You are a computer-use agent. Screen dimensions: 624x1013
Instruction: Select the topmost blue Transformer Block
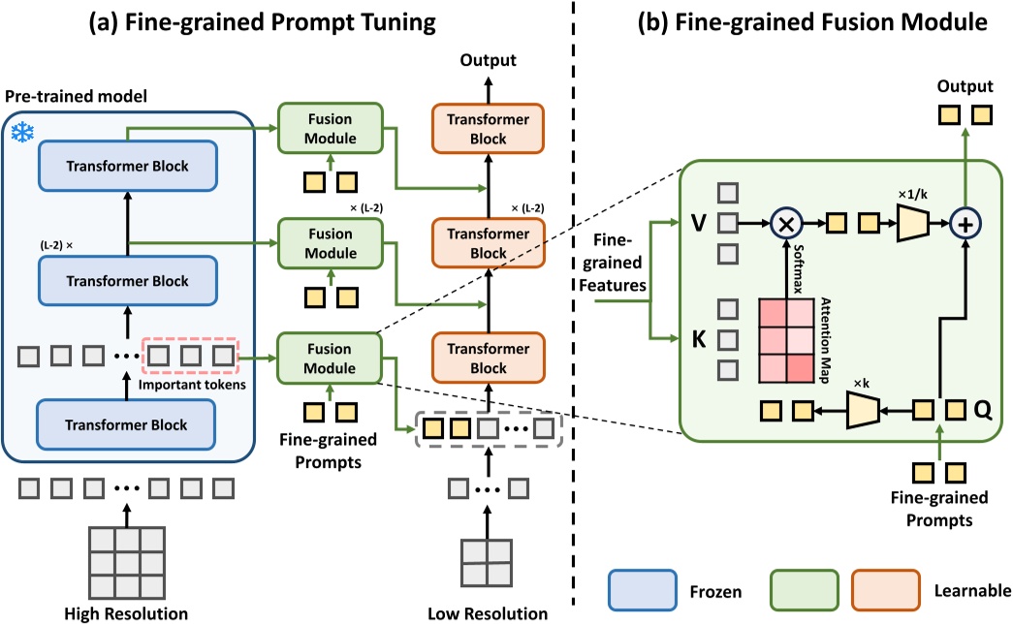(x=128, y=166)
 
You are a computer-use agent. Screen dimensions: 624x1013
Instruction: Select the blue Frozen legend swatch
(x=642, y=589)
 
